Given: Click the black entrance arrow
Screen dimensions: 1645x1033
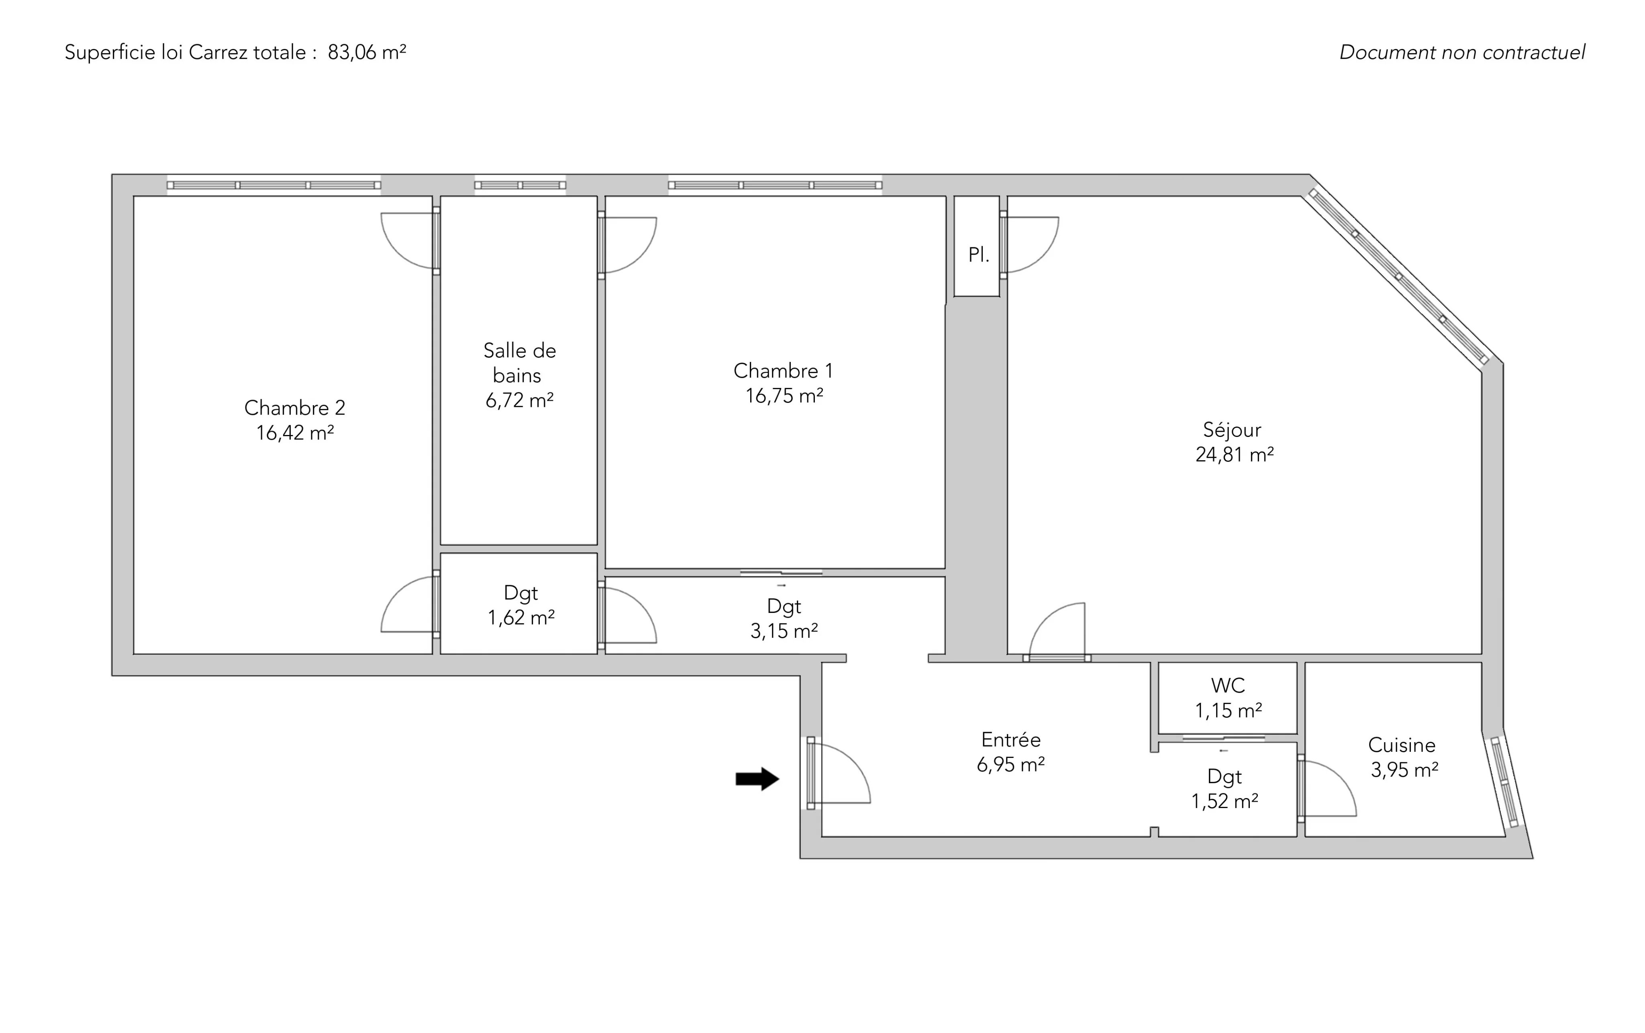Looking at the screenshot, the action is click(x=757, y=779).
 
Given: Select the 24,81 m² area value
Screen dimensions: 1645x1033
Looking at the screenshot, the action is click(x=1235, y=454).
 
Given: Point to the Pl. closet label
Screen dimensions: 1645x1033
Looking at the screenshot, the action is click(x=978, y=255).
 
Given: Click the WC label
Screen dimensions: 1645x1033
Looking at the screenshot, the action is click(x=1228, y=685).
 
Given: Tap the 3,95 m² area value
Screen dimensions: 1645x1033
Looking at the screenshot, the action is click(x=1404, y=770).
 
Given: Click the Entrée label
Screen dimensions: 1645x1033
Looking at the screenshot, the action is click(x=1011, y=739).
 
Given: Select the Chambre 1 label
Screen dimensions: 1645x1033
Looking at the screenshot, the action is click(x=783, y=371).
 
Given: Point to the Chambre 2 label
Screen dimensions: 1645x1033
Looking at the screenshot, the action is click(x=294, y=408).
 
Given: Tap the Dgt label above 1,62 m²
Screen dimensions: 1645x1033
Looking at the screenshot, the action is click(x=520, y=594).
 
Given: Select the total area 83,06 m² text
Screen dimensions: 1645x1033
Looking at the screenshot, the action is click(x=367, y=53).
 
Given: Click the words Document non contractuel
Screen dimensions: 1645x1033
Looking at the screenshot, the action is click(x=1462, y=53).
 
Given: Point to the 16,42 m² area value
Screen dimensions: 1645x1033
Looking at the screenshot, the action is click(x=294, y=433).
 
